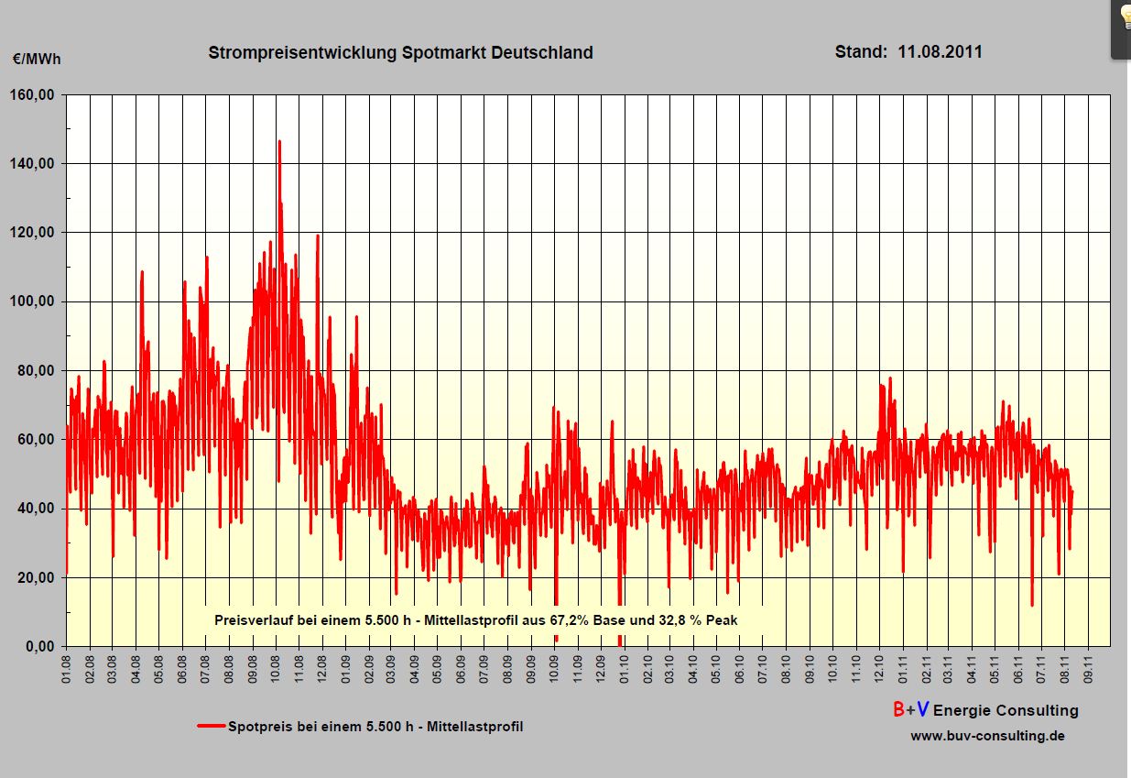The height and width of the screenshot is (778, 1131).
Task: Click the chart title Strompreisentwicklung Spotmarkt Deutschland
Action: tap(400, 52)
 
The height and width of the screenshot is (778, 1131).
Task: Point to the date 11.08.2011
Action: tap(940, 52)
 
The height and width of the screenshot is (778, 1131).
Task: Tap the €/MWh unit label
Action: tap(37, 60)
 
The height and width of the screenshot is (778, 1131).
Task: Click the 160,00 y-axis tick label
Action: tap(34, 94)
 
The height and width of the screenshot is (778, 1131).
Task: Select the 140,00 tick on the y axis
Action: tap(34, 163)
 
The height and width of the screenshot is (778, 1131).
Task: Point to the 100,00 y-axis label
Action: tap(34, 301)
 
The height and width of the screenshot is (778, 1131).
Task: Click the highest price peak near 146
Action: tap(279, 142)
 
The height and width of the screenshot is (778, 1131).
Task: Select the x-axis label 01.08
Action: tap(67, 666)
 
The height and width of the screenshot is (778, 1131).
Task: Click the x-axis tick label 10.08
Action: tap(276, 666)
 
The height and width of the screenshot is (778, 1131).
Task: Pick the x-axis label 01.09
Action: tap(345, 666)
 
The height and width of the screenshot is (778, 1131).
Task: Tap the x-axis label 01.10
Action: tap(624, 666)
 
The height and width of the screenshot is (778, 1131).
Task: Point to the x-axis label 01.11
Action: tap(903, 666)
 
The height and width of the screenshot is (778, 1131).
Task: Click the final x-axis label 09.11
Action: tap(1089, 666)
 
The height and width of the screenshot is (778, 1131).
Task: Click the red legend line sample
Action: tap(211, 727)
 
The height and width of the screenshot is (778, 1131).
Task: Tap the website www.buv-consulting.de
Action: tap(987, 736)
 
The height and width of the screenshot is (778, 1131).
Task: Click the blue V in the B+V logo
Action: tap(923, 709)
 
